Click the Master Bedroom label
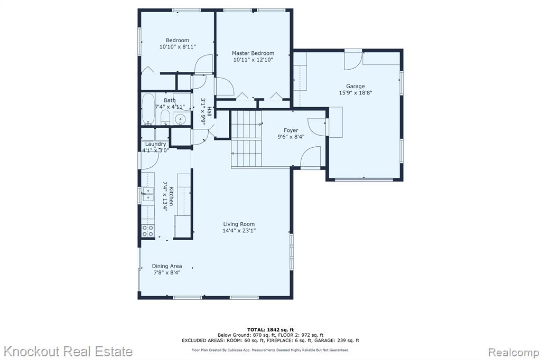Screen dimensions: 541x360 (x=253, y=53)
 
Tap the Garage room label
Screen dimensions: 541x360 (x=356, y=86)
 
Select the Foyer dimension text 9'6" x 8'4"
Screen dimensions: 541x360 (x=291, y=137)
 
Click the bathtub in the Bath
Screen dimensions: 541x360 (x=148, y=109)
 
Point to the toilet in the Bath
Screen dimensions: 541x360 (x=165, y=117)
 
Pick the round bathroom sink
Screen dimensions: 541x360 (x=180, y=120)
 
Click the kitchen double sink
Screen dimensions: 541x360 (x=148, y=194)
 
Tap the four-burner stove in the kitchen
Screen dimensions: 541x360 (x=148, y=231)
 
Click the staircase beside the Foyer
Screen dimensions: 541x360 (x=246, y=139)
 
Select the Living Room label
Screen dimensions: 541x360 (x=239, y=224)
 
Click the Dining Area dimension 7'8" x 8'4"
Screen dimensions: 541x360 (x=167, y=272)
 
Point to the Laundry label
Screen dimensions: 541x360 (x=156, y=144)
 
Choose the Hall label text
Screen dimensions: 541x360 (x=209, y=112)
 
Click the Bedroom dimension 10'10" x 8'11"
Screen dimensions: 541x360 (x=178, y=46)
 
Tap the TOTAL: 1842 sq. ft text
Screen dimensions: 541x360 (x=270, y=330)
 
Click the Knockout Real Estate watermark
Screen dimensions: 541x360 (x=68, y=352)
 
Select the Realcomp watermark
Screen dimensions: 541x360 (x=514, y=353)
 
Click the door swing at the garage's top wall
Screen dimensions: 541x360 (x=353, y=61)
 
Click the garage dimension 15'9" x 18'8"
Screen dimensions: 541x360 (x=356, y=92)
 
